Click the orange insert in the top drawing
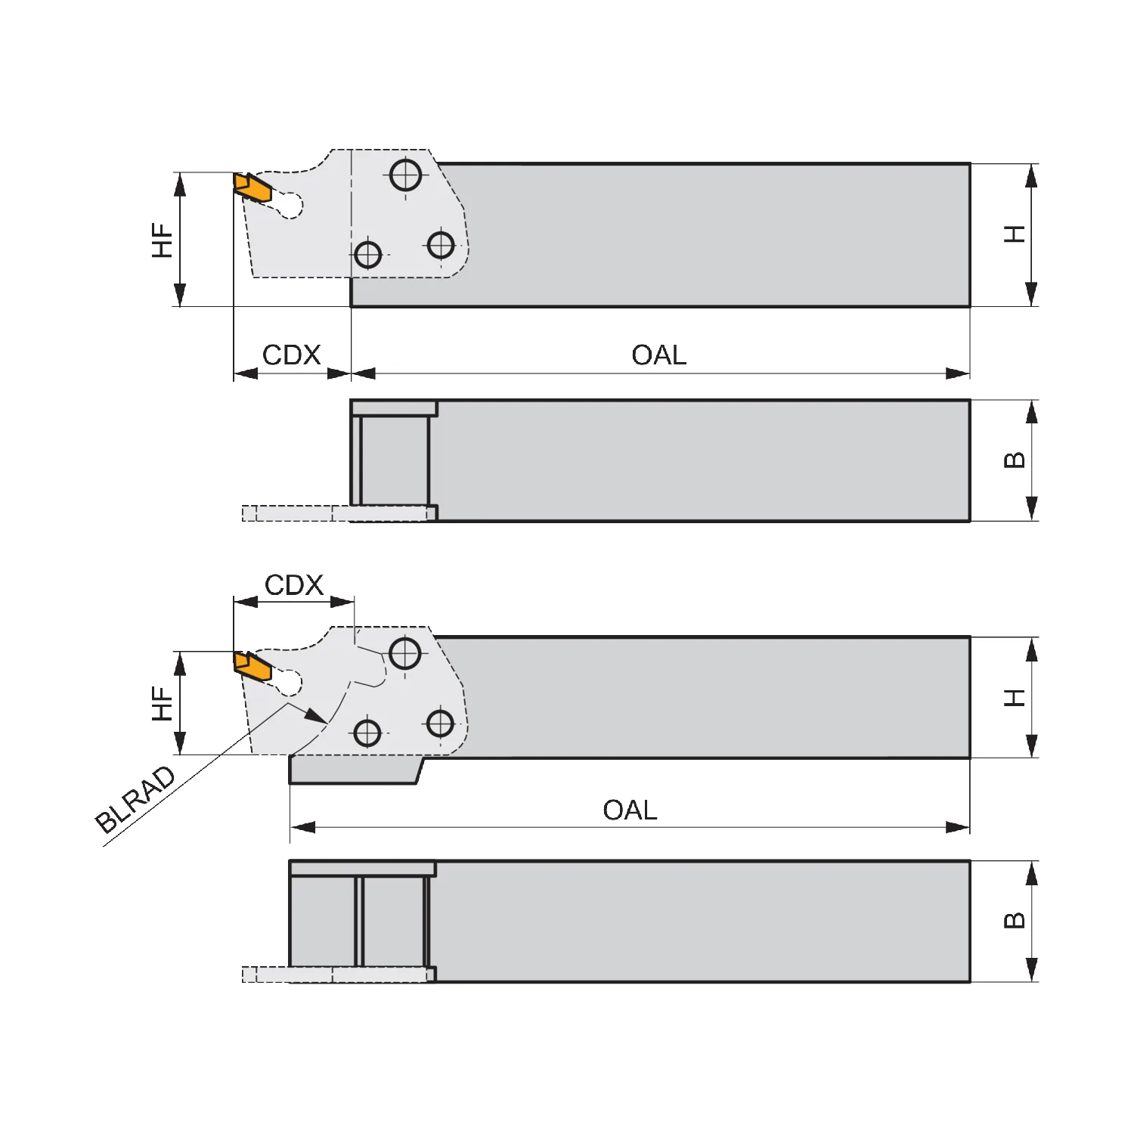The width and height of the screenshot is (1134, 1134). coord(252,187)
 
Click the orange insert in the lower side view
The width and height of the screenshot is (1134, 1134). coord(252,666)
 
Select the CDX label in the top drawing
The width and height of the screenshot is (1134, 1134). coord(291,355)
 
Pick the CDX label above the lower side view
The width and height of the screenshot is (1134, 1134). coord(294,584)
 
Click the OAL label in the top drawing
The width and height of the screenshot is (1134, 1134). coord(659,355)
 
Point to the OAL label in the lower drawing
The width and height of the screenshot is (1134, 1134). coord(630,810)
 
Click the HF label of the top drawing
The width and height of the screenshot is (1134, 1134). coord(163,240)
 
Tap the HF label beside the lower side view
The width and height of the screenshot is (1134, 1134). coord(163,703)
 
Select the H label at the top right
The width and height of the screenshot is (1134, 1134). coord(1015,234)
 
